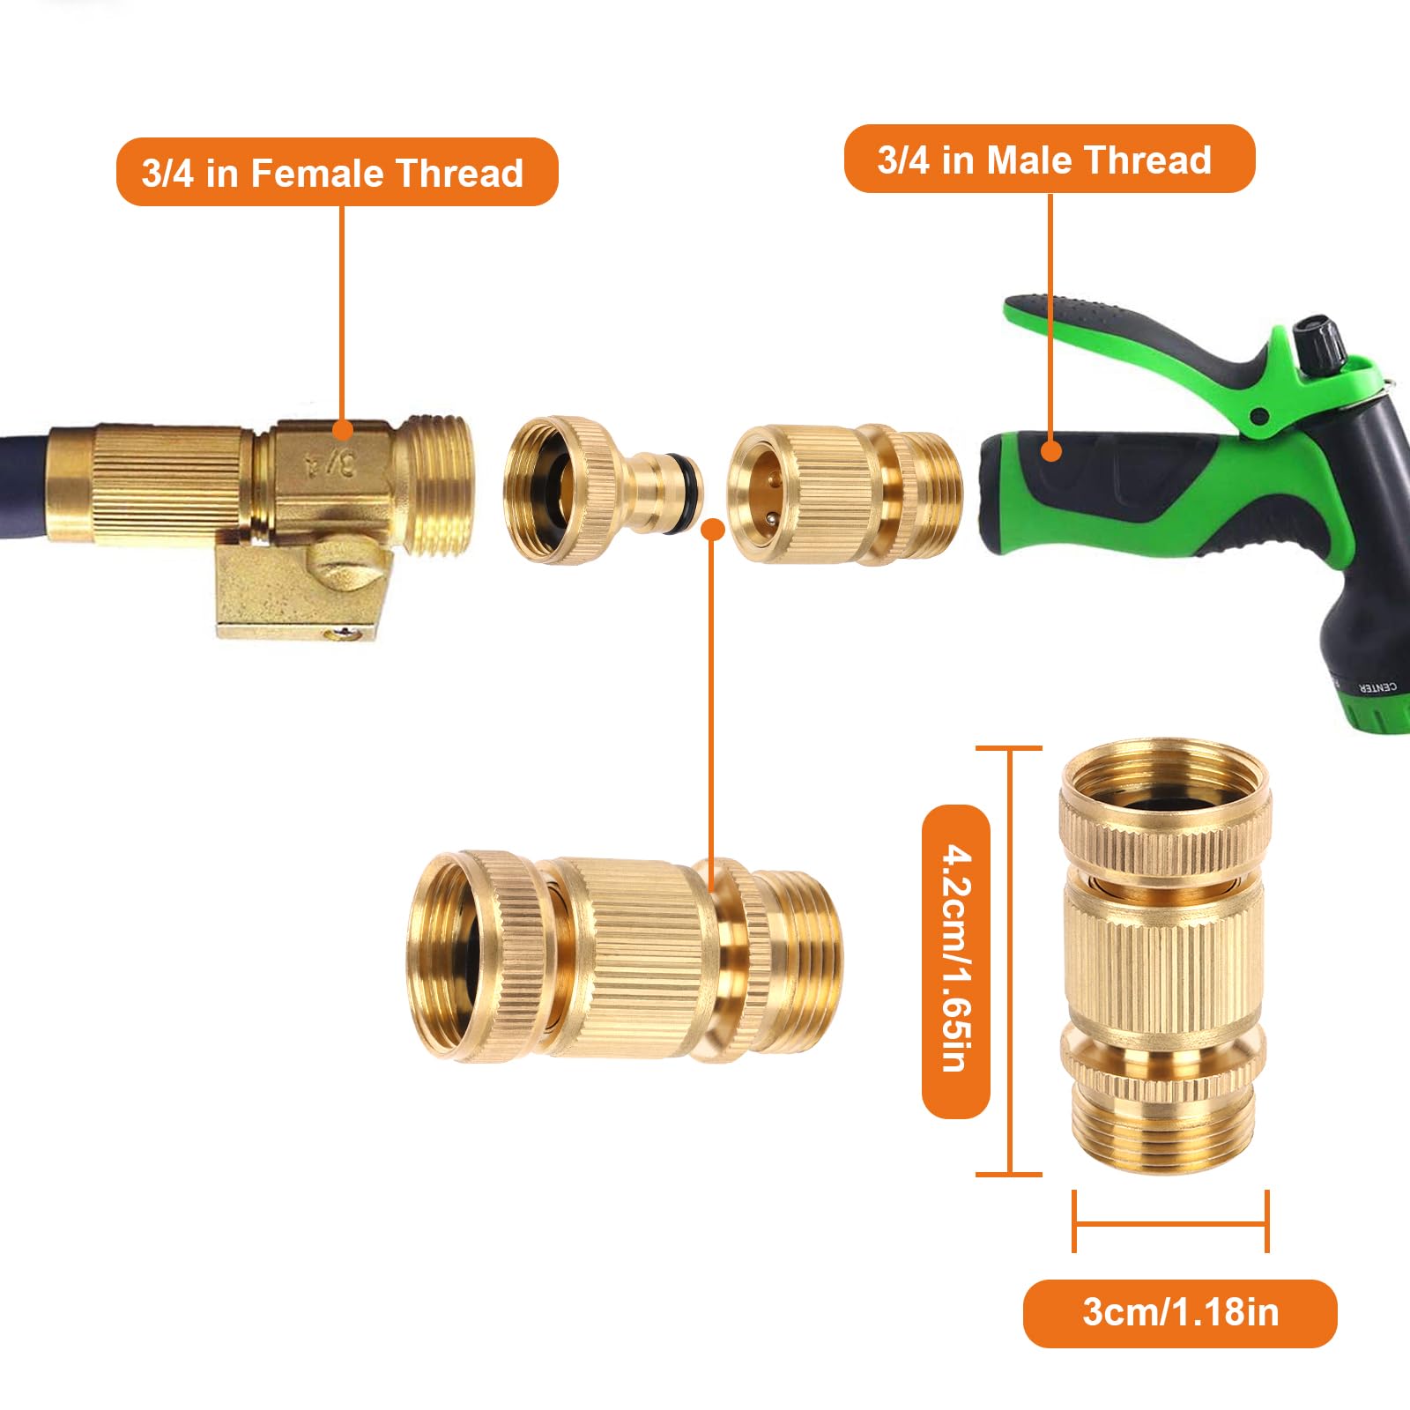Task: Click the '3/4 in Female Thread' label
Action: [x=337, y=172]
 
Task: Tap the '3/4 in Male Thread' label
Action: [x=1049, y=160]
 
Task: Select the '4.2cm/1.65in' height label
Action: [x=956, y=961]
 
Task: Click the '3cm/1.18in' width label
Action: [x=1180, y=1312]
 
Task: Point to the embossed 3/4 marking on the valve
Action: [x=330, y=462]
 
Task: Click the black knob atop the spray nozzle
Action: [x=1319, y=338]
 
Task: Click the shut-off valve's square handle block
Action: [x=300, y=586]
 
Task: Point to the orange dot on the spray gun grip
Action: [x=1050, y=450]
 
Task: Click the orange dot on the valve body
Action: [x=343, y=430]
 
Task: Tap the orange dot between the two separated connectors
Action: [x=713, y=529]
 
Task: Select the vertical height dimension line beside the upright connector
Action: [x=1010, y=961]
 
